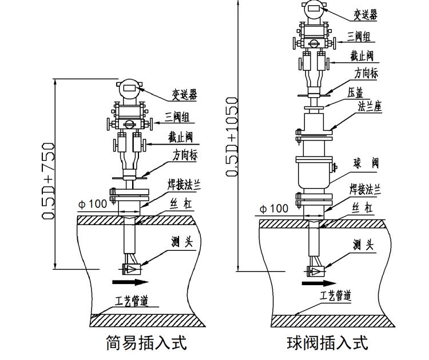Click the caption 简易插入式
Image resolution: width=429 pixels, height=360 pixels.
[147, 343]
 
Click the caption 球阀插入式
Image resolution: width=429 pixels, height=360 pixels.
[327, 343]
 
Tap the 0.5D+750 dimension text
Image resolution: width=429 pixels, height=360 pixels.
[48, 181]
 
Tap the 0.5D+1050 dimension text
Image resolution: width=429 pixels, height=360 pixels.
[232, 137]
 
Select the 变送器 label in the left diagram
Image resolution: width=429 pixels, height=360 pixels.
[184, 95]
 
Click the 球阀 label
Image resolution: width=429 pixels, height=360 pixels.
[366, 163]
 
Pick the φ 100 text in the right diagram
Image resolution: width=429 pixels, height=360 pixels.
[274, 209]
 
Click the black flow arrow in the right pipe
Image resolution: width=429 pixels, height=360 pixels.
[319, 283]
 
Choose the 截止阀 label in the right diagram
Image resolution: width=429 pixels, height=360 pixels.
[362, 55]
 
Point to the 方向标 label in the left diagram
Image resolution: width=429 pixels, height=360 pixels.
[185, 154]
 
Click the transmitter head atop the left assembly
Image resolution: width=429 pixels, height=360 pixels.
[129, 89]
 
